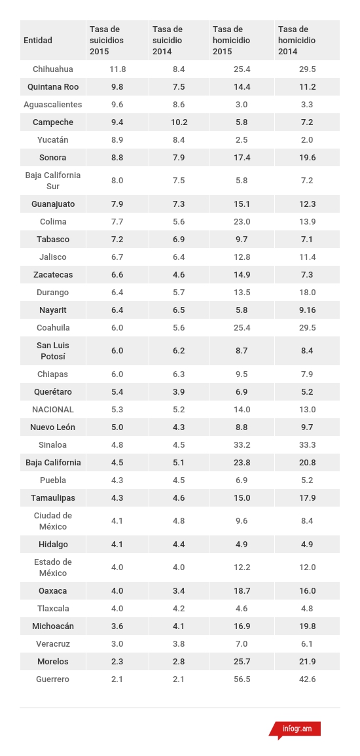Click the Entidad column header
point(37,41)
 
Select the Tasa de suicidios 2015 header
point(107,41)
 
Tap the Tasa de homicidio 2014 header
point(297,41)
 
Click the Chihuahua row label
point(53,69)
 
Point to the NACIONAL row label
point(53,410)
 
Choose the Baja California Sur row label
point(53,181)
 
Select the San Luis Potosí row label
point(53,351)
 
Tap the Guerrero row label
point(53,679)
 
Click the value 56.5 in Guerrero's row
point(242,679)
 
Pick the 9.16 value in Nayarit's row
point(308,310)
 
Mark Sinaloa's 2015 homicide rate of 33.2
point(242,445)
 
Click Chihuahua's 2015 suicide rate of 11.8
point(118,69)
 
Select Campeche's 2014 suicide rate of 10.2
point(179,122)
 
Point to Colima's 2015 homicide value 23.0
point(242,222)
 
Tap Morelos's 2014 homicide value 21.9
point(308,662)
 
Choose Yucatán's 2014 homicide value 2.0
point(308,140)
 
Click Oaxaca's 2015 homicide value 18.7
point(242,591)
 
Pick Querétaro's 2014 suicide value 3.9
point(179,392)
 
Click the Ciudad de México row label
point(53,521)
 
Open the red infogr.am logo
point(295,729)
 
